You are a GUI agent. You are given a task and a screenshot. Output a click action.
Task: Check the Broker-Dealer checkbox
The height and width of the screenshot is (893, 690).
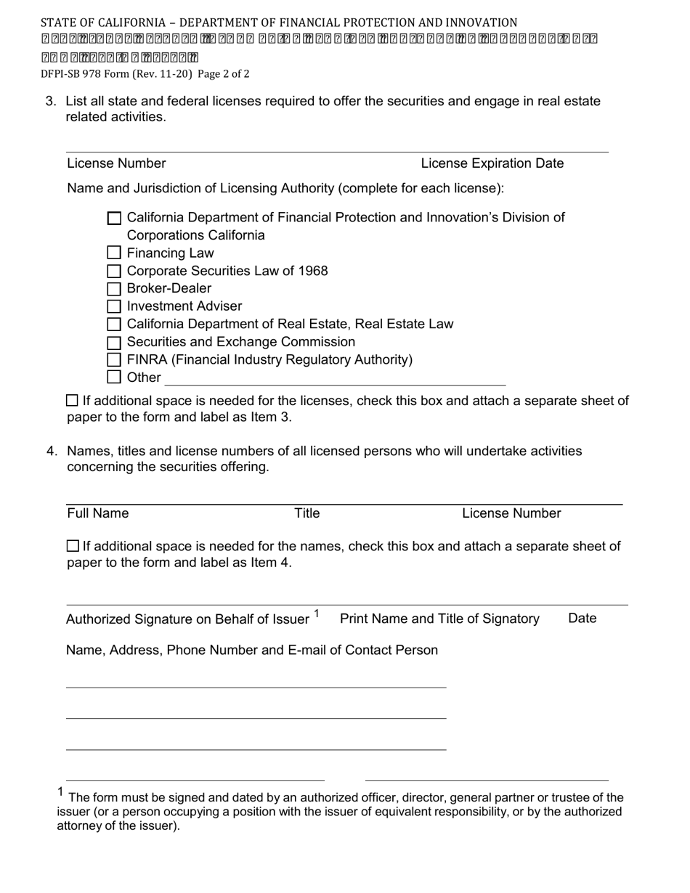(x=114, y=289)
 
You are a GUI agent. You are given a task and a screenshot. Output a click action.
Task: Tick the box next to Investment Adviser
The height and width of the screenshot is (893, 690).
(x=114, y=306)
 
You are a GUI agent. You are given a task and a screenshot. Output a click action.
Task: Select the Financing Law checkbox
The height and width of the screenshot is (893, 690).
(x=114, y=253)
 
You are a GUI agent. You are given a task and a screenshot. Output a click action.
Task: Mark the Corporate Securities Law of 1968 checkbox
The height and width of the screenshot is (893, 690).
(x=114, y=271)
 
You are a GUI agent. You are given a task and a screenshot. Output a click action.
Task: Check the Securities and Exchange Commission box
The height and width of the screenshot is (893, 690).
(x=114, y=342)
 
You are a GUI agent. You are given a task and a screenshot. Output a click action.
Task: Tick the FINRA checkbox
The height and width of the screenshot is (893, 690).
(x=114, y=359)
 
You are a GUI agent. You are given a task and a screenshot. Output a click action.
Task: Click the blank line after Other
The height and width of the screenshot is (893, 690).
(x=334, y=379)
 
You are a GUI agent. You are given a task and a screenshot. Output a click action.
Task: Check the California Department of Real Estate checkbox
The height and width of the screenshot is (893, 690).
(x=114, y=324)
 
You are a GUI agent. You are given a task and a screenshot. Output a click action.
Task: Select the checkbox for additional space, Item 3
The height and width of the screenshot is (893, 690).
(x=72, y=400)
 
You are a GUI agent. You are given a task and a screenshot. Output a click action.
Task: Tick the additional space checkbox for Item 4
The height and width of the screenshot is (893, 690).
(x=72, y=545)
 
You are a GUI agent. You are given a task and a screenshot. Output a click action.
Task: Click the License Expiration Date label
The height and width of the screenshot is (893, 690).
(x=492, y=163)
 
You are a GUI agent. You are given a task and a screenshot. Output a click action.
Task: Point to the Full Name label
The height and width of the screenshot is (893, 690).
(x=98, y=513)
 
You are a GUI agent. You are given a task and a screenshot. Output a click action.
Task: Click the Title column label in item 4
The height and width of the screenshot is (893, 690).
(x=307, y=513)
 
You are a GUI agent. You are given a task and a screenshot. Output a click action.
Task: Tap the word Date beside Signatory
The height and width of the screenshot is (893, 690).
(x=582, y=618)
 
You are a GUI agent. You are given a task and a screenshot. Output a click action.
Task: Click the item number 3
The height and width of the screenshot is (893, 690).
(x=50, y=101)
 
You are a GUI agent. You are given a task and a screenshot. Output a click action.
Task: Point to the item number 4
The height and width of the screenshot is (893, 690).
(x=51, y=451)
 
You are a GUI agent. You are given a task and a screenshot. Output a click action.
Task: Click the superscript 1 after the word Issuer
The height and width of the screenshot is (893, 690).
(x=317, y=614)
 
